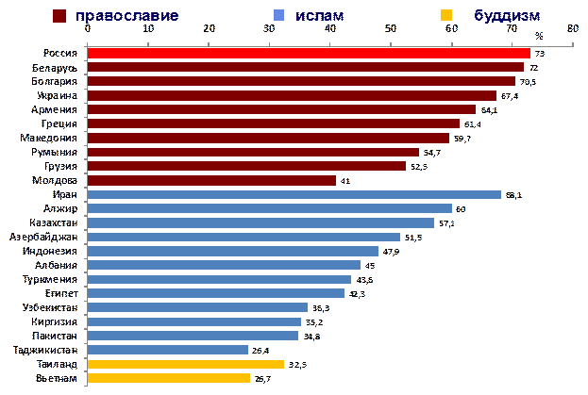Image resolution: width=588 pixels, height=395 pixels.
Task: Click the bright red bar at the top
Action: pos(309,54)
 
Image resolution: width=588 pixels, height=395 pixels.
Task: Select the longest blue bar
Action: pos(294,195)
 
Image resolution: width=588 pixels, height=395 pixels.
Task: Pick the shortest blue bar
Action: pos(167,350)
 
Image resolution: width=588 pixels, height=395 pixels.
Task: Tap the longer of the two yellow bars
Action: pos(185,364)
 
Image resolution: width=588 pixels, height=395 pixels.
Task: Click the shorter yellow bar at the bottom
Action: pos(168,378)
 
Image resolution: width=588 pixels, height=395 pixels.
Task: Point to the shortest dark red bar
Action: pos(211,180)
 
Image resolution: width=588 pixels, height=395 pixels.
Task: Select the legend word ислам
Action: pos(319,16)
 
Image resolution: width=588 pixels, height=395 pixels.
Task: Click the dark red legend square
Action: pos(59,16)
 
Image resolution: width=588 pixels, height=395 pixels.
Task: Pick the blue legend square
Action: pos(278,16)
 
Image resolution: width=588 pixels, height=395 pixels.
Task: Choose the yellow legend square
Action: pos(446,16)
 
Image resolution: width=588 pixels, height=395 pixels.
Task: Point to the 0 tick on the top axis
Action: pos(88,27)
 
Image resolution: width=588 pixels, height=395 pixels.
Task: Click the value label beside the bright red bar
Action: pos(539,54)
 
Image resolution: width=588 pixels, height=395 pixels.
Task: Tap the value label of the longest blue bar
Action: pos(513,195)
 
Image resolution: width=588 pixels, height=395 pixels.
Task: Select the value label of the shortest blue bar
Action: pos(261,350)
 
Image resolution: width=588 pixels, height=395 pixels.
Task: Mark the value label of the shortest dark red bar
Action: pos(345,180)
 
